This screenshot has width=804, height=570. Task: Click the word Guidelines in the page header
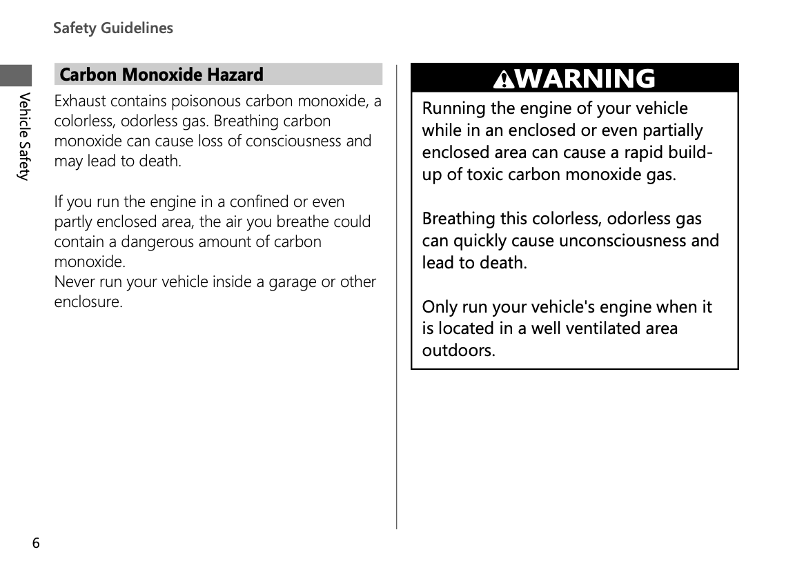pos(137,28)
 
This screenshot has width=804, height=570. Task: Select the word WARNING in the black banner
pos(585,79)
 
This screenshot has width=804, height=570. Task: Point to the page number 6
pos(36,543)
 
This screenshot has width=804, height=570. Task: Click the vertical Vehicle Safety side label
pos(24,136)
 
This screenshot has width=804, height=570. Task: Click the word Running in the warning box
pos(453,109)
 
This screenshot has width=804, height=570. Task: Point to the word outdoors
pos(458,351)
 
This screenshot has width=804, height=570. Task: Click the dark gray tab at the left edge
pos(16,75)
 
